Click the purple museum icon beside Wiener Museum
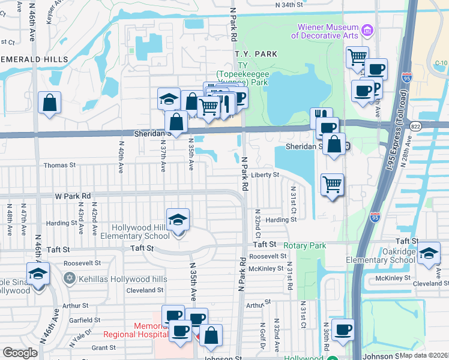point(367,29)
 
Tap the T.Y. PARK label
point(256,54)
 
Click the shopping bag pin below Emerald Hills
point(49,103)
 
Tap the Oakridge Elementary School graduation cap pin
point(429,254)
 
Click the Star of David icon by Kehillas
point(70,279)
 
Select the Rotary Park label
point(305,245)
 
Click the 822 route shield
point(415,125)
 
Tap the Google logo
point(20,353)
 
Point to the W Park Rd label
point(73,196)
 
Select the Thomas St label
point(59,164)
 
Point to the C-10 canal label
point(441,63)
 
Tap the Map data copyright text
point(424,355)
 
